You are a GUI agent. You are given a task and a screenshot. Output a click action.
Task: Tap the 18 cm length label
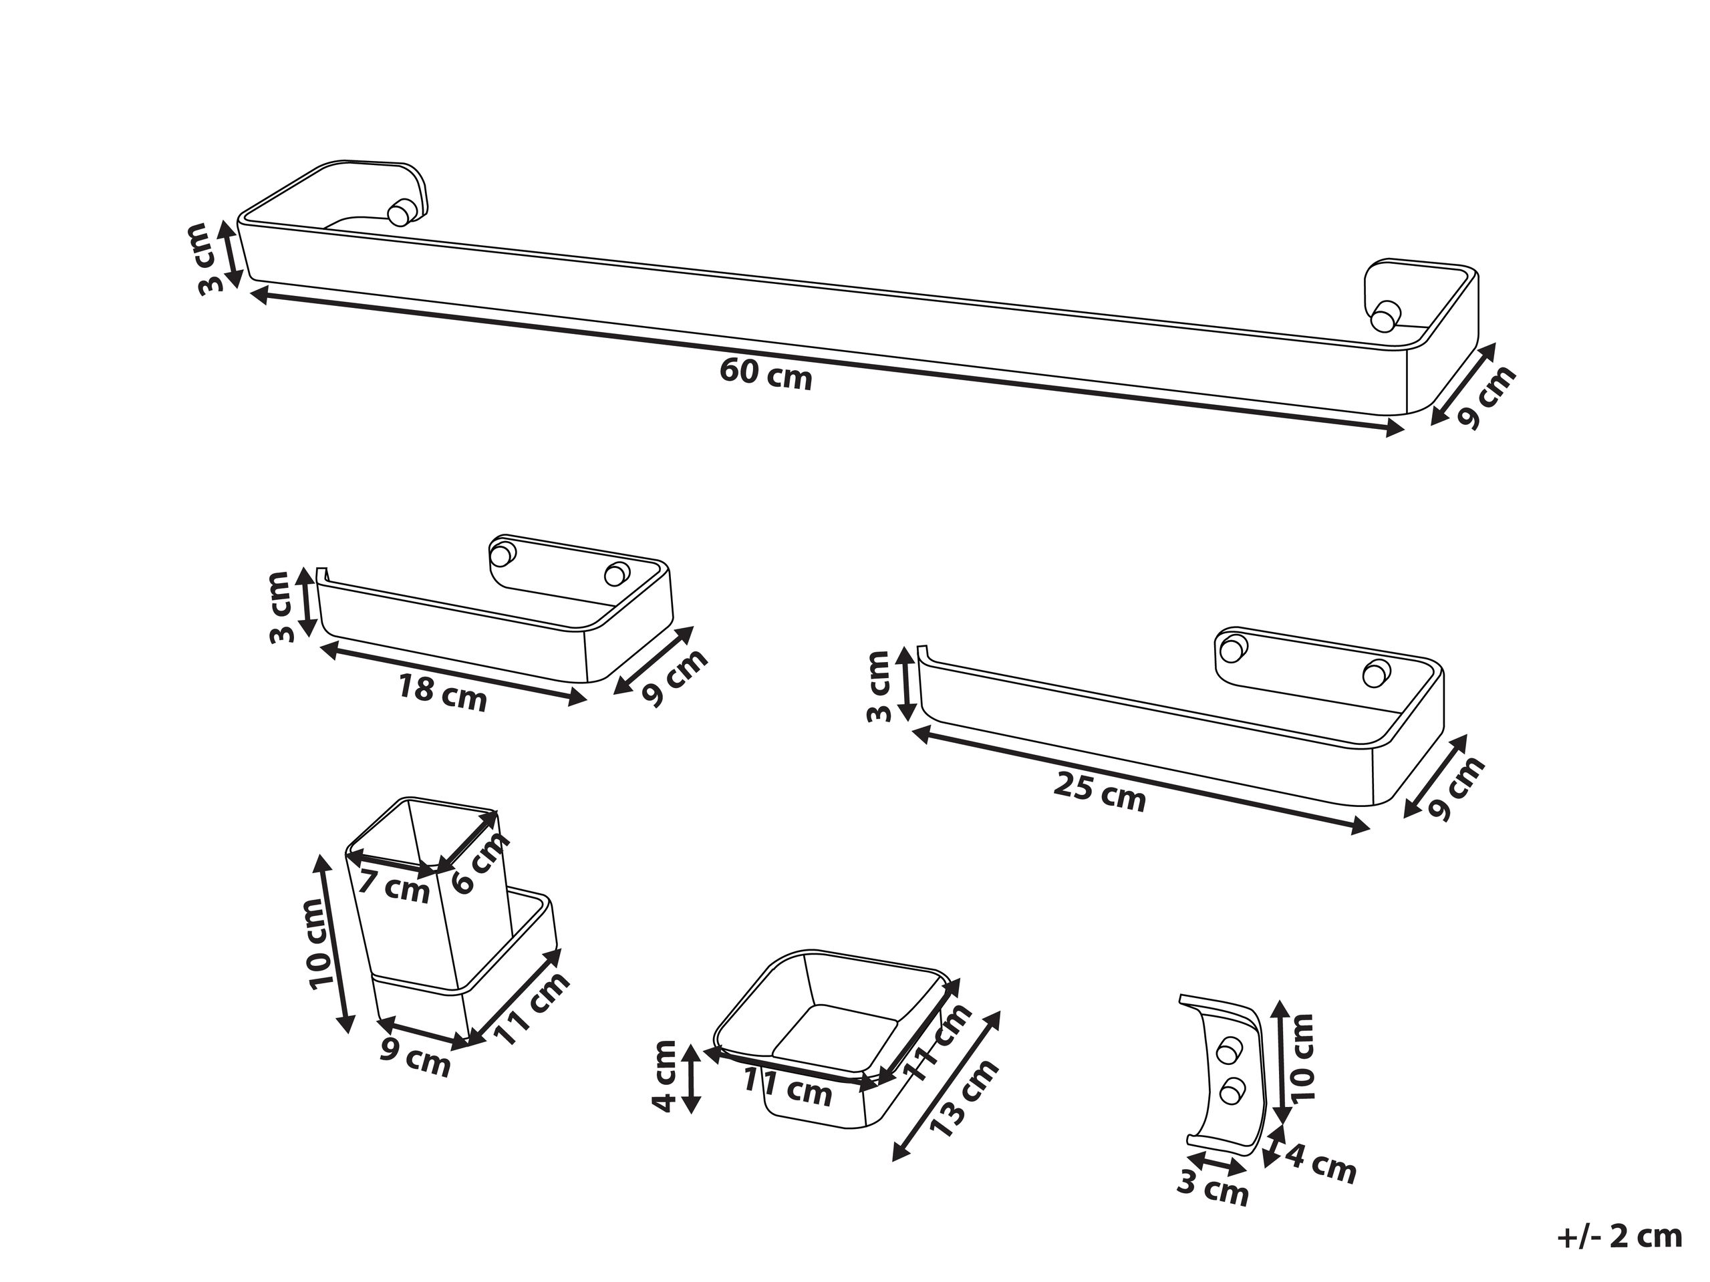(442, 691)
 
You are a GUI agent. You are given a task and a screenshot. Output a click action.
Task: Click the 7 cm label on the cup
(395, 887)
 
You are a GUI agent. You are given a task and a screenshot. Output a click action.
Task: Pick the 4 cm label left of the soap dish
(666, 1076)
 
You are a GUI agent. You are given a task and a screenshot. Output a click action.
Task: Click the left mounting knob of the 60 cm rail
(400, 212)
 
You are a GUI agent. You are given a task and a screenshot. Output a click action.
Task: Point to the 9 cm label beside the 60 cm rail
(1485, 398)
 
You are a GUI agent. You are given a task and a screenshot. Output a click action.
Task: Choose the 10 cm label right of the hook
(1301, 1057)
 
